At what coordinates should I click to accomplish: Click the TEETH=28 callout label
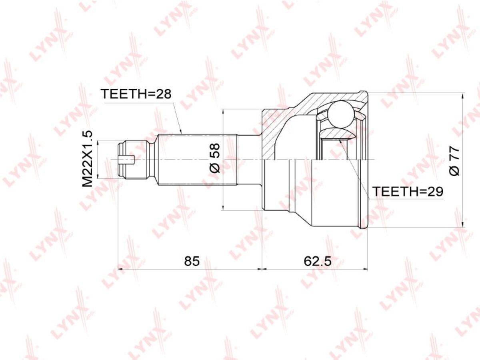tap(137, 94)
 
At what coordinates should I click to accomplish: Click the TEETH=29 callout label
tap(408, 192)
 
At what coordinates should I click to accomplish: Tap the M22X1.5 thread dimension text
tap(88, 159)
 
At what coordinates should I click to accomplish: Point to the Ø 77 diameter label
tap(454, 161)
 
